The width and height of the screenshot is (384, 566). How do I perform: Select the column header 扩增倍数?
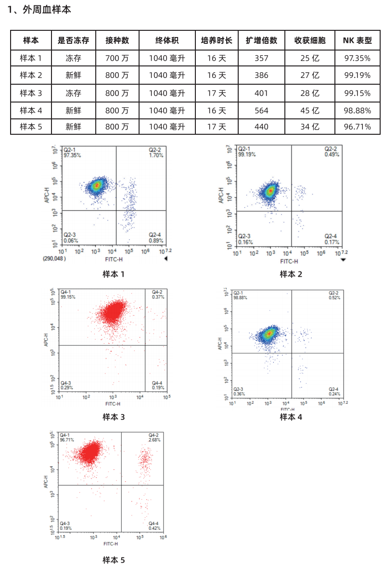point(261,40)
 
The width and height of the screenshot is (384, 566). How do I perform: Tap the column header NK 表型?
point(357,40)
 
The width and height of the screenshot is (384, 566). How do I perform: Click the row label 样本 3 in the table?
point(31,93)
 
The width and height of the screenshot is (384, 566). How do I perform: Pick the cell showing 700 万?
point(117,58)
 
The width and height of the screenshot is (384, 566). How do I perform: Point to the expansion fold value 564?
point(261,110)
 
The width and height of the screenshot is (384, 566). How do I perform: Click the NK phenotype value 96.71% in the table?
point(357,127)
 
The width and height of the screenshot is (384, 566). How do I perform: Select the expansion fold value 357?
point(261,58)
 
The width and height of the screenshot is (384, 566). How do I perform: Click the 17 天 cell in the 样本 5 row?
point(217,127)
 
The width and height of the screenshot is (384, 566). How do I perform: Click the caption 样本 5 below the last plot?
point(114,560)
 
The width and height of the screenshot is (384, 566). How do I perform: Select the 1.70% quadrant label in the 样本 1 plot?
point(156,155)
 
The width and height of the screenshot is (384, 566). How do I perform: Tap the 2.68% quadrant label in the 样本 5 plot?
point(154,440)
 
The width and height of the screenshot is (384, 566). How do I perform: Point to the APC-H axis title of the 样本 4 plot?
point(220,342)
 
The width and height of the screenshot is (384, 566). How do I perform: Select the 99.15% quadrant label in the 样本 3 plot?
point(68,297)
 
